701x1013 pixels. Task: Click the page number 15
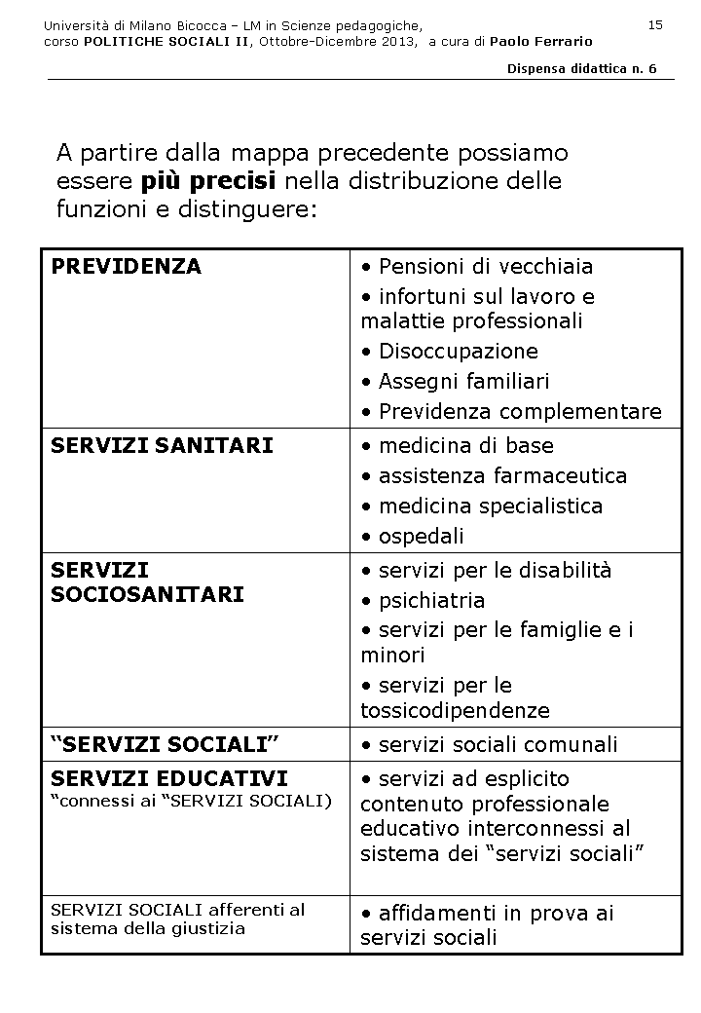[x=655, y=24]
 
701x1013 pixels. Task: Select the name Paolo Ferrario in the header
[x=540, y=42]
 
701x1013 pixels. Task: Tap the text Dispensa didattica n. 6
[x=582, y=69]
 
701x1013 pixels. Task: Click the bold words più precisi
[x=208, y=181]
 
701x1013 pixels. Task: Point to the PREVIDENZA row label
[x=126, y=266]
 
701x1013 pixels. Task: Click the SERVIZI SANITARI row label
[x=162, y=445]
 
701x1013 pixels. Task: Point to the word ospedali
[x=422, y=536]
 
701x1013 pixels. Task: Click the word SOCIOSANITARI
[x=147, y=594]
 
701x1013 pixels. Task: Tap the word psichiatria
[x=431, y=600]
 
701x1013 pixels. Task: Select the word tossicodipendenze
[x=455, y=710]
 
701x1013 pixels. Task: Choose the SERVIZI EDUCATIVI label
[x=169, y=778]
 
